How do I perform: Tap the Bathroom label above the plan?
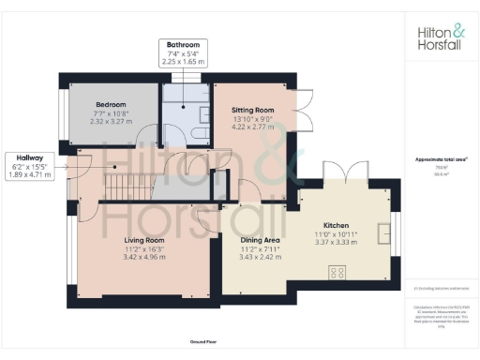point(184,45)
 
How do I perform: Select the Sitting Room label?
point(253,110)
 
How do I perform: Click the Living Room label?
point(144,240)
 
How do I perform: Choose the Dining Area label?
point(255,241)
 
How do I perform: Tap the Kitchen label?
point(336,226)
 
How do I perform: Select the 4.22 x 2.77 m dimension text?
point(253,126)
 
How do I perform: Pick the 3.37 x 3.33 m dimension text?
point(336,241)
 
